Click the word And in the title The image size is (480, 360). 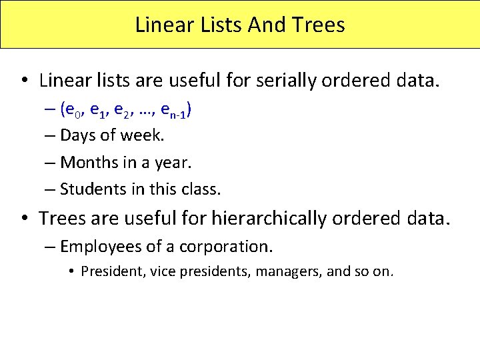[267, 25]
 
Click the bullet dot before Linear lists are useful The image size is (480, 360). [23, 81]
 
